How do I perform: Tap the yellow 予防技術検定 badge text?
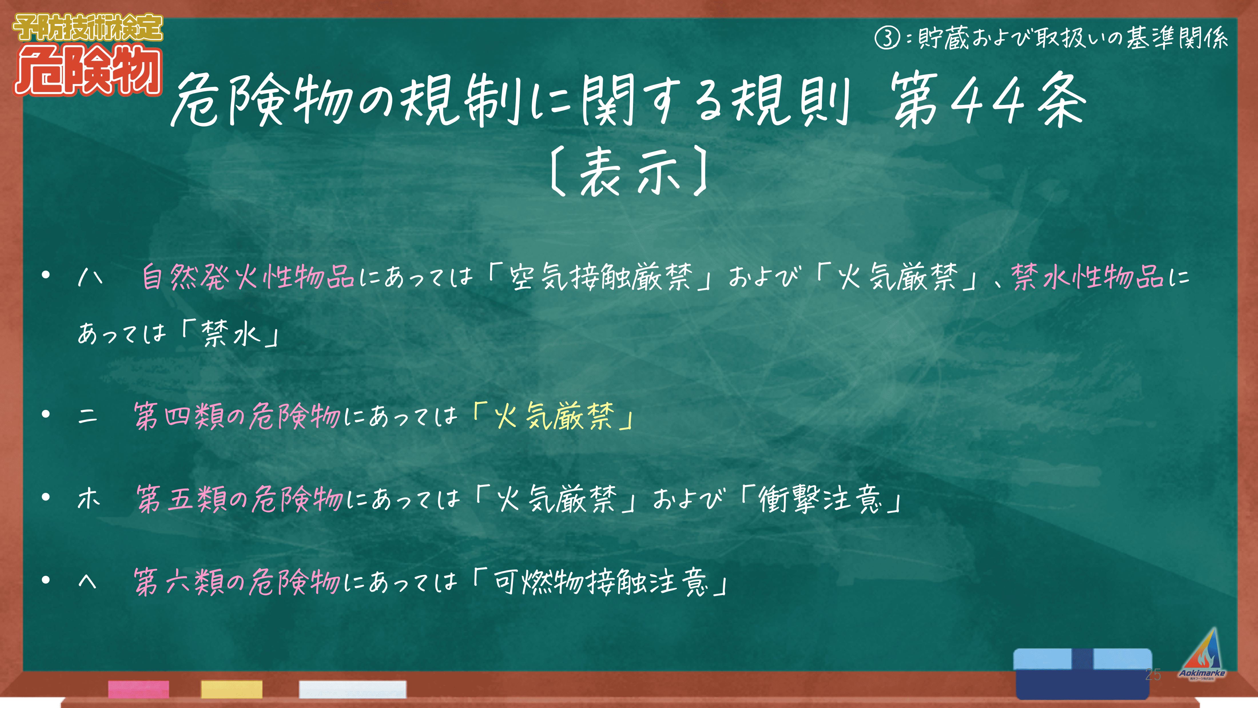click(88, 27)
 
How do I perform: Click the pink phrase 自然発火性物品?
click(248, 277)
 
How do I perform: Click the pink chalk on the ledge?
click(139, 689)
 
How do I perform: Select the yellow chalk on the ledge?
click(232, 689)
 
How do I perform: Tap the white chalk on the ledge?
click(352, 689)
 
